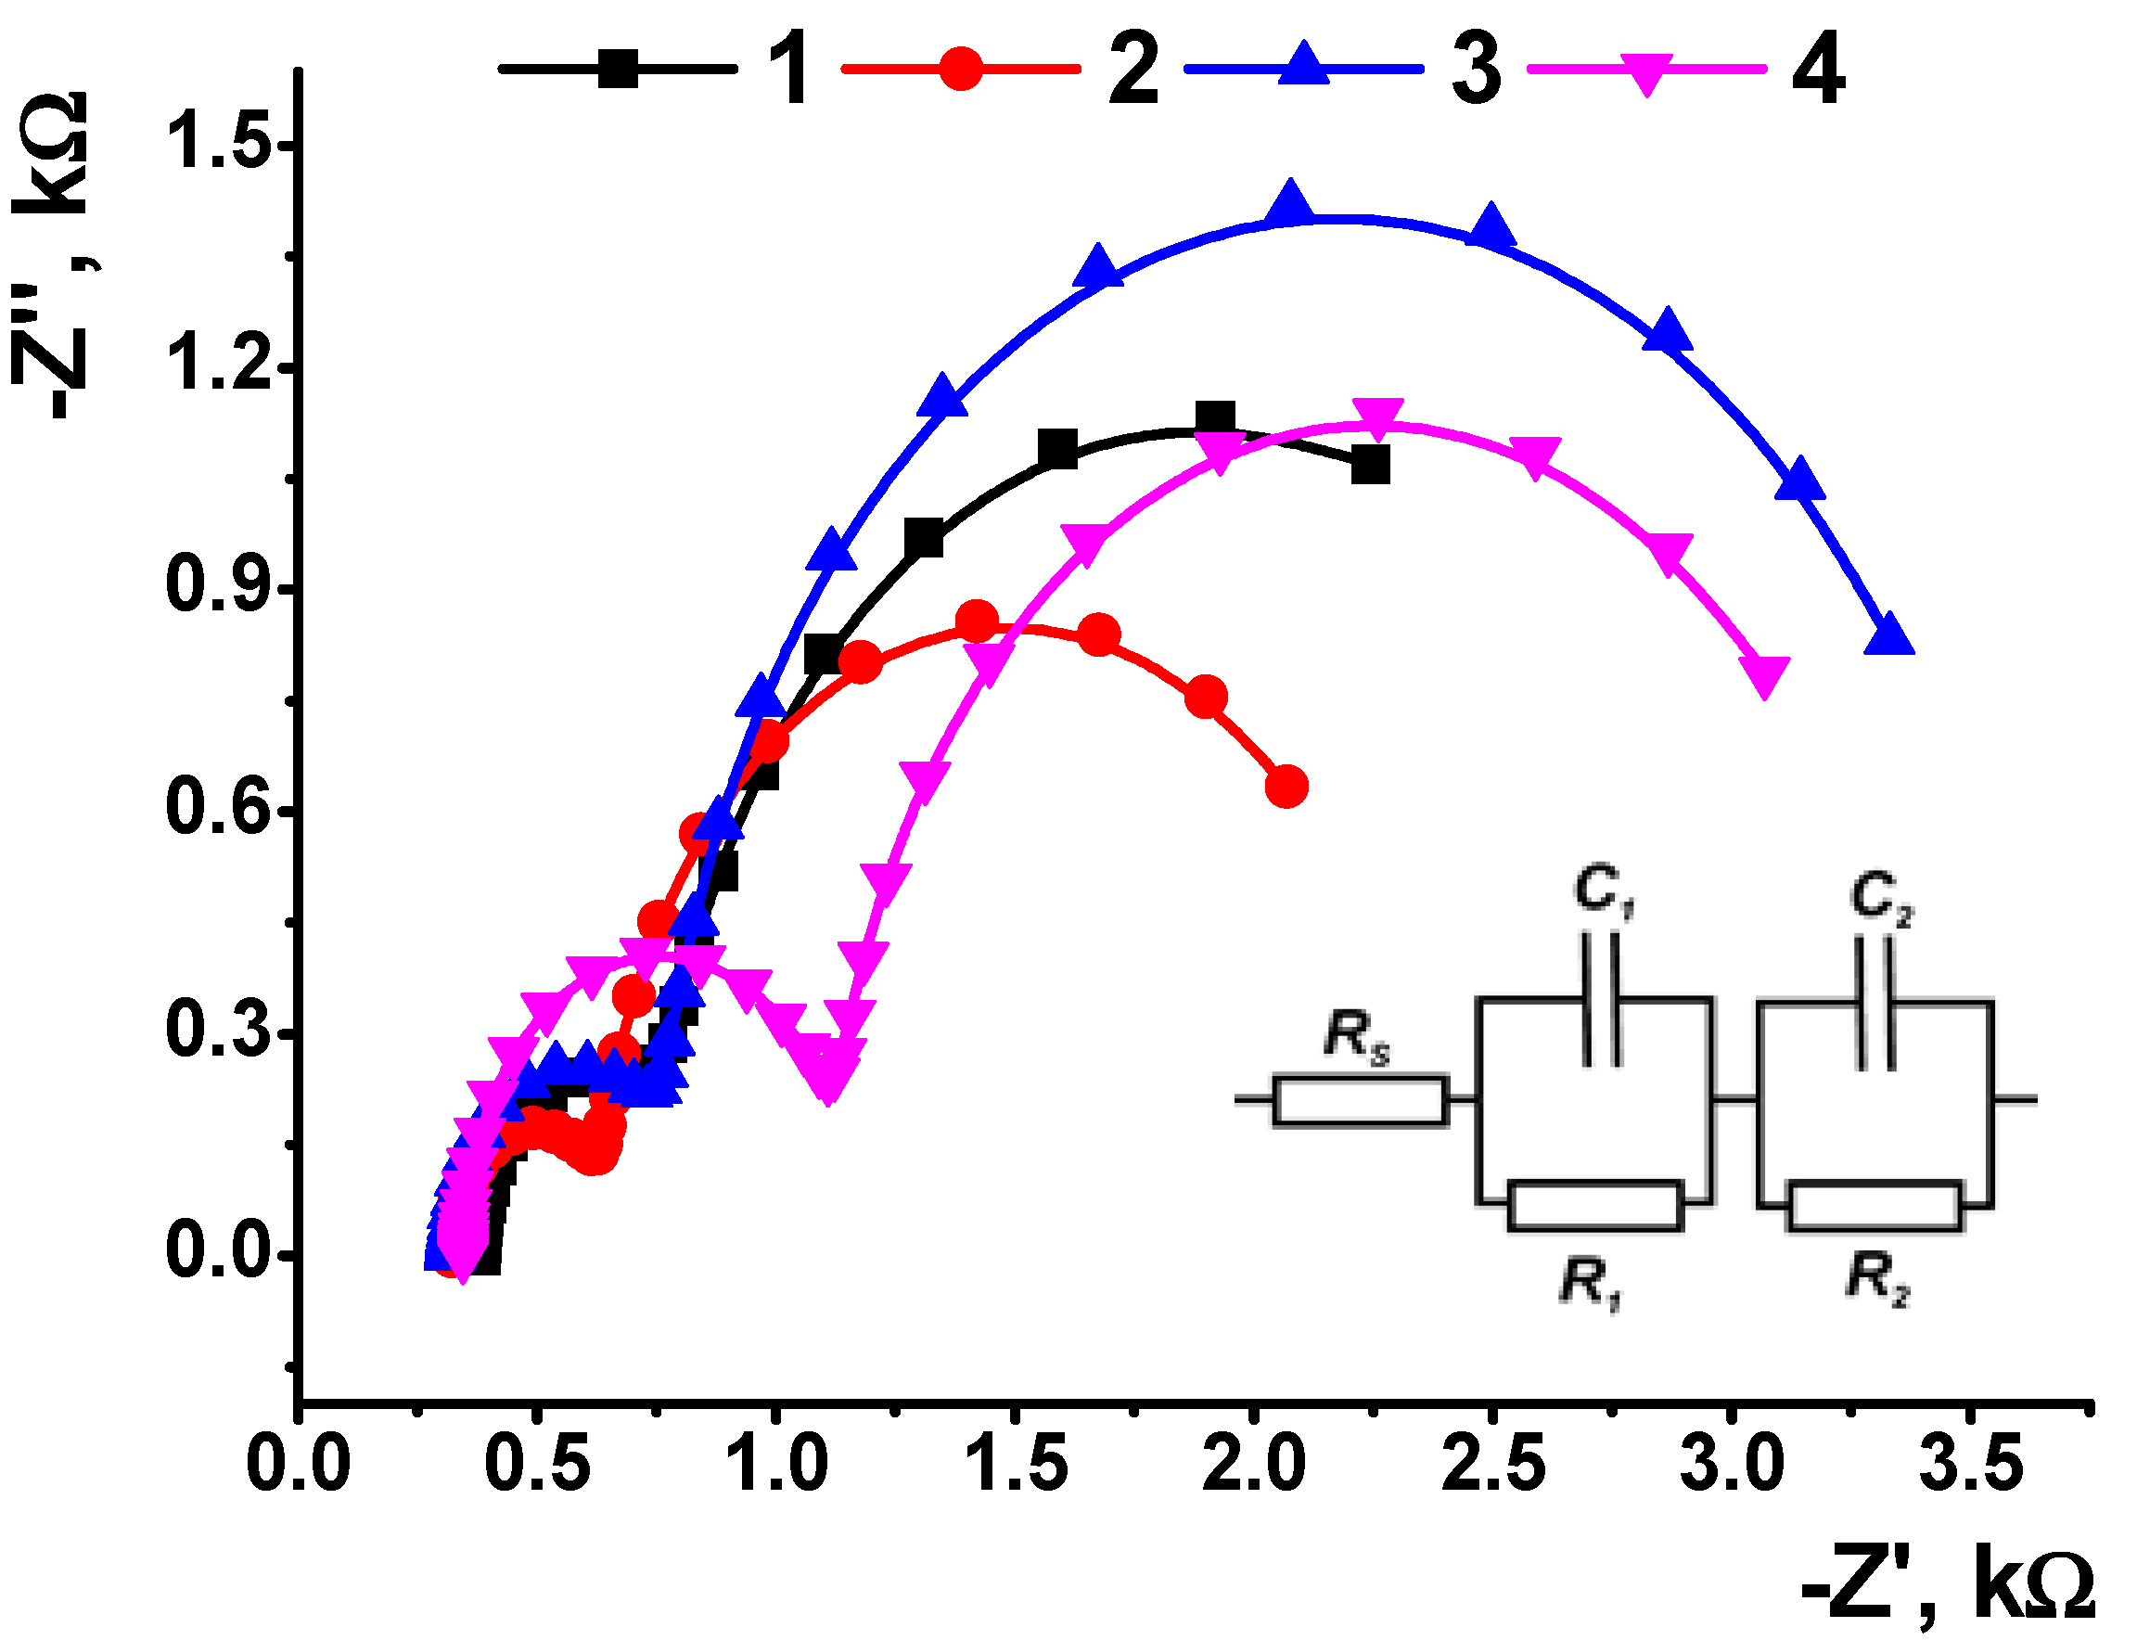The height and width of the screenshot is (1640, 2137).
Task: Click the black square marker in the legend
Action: coord(617,69)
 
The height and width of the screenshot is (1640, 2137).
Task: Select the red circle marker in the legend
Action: coord(961,69)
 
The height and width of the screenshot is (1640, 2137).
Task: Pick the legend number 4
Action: coord(1818,70)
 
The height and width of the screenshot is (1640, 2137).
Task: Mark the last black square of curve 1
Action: coord(1370,466)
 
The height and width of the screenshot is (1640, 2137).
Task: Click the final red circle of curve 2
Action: coord(1286,786)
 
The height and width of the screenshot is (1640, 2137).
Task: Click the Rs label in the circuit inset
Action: coord(1355,1037)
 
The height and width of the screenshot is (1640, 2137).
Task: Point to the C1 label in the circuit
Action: coord(1602,891)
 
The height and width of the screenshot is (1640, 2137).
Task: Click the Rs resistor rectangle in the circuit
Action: coord(1359,1101)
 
